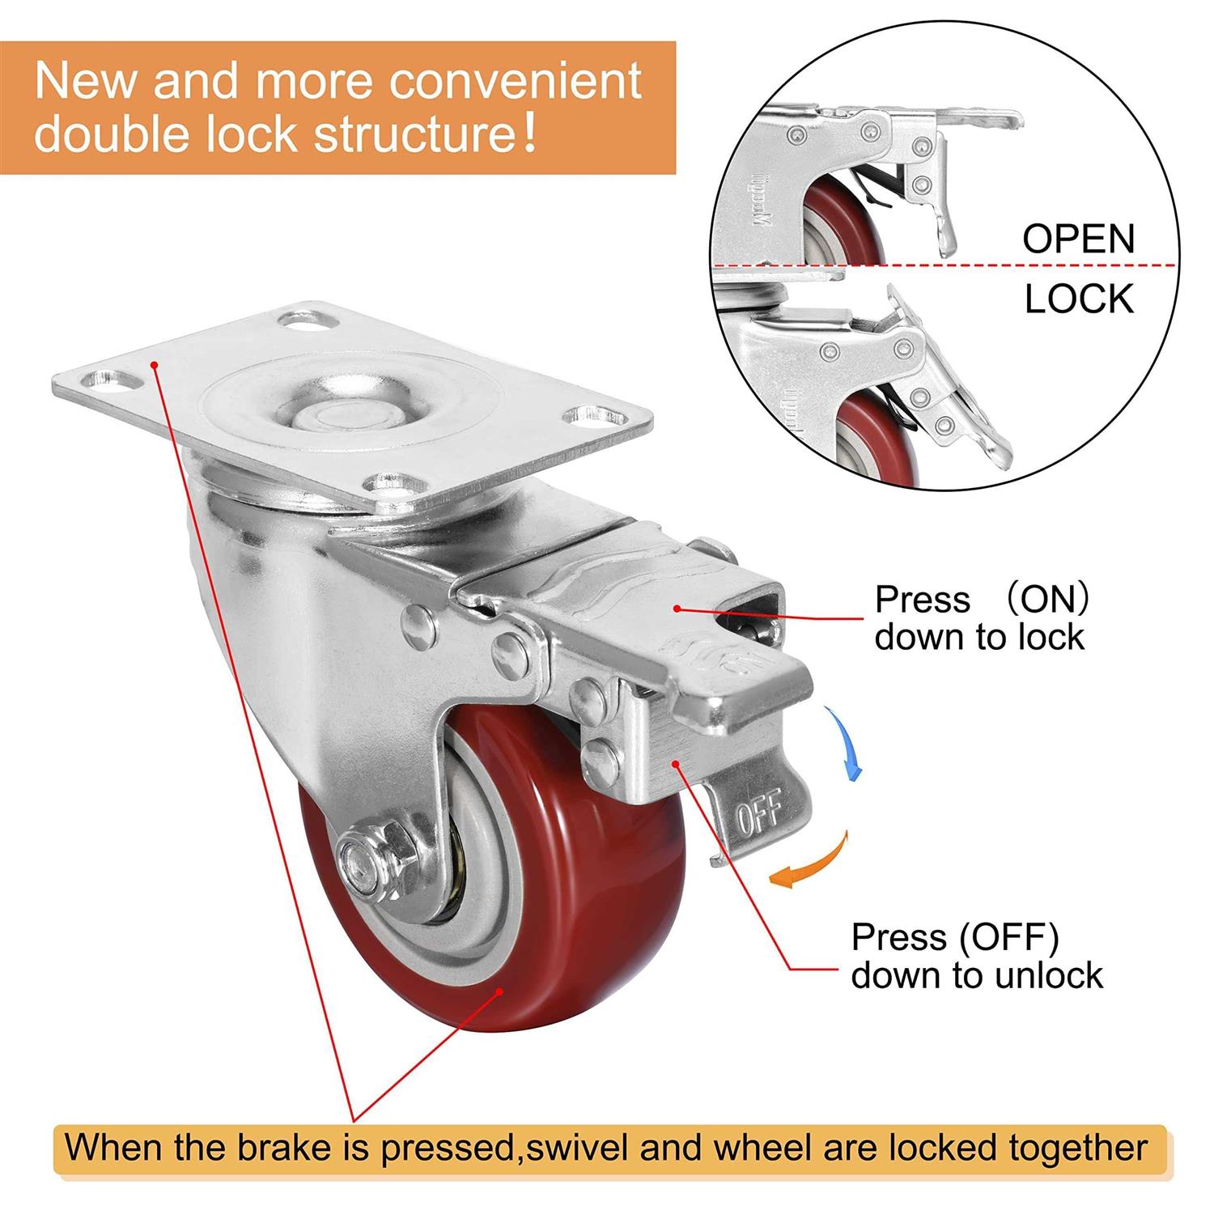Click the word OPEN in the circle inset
coord(1078,239)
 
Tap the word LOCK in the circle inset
coord(1078,299)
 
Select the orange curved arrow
coord(809,863)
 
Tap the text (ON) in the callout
coord(1045,601)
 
